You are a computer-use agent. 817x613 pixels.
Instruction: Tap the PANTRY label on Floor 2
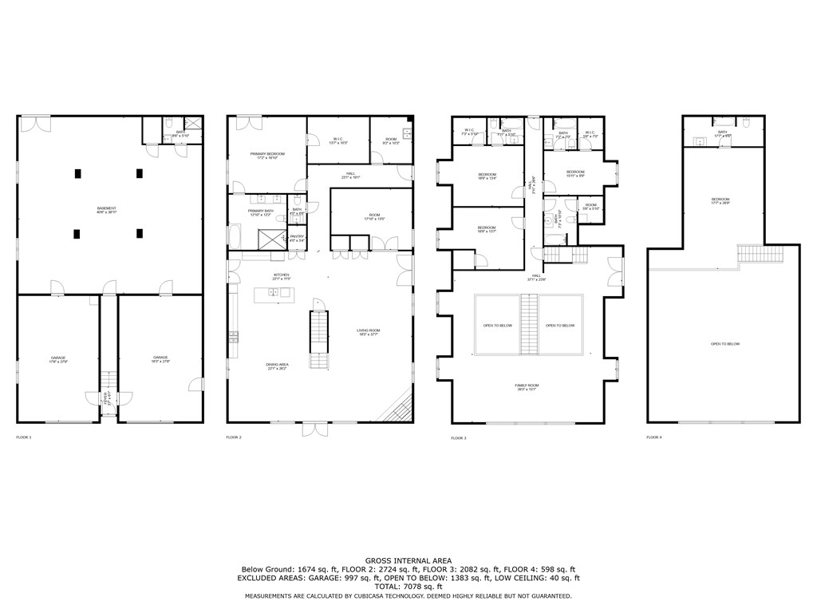[x=296, y=237]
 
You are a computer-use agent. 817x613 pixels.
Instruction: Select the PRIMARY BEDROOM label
[x=266, y=156]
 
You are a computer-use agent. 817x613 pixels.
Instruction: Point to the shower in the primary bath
[x=270, y=238]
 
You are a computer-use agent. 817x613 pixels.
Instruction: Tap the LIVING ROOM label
[x=368, y=332]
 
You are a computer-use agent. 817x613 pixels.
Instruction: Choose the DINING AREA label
[x=278, y=366]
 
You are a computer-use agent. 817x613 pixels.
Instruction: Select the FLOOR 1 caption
[x=24, y=437]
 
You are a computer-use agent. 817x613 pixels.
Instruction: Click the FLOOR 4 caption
[x=654, y=437]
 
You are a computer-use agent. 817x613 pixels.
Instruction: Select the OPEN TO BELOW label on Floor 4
[x=724, y=344]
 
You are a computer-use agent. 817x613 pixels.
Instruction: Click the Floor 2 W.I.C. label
[x=337, y=140]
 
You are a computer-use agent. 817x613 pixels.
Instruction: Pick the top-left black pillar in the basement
[x=77, y=172]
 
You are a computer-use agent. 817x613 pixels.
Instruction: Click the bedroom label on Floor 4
[x=720, y=201]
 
